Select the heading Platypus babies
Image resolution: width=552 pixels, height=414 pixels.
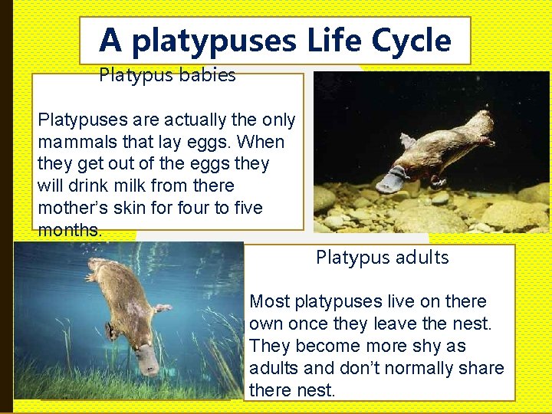coord(167,75)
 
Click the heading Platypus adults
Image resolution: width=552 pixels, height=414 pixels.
coord(382,258)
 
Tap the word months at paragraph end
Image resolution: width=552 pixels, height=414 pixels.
coord(67,231)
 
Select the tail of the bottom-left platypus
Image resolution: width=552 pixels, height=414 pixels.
coord(97,268)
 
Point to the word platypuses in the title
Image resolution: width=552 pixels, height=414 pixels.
coord(215,41)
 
